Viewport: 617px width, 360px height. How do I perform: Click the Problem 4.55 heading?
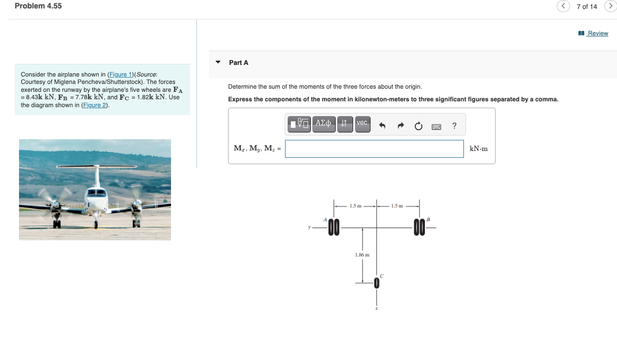(x=38, y=6)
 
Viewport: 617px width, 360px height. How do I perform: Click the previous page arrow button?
(x=564, y=6)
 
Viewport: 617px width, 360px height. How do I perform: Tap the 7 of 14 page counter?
(x=586, y=6)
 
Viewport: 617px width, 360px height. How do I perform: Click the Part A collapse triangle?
(x=218, y=62)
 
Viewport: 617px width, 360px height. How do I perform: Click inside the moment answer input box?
(x=374, y=149)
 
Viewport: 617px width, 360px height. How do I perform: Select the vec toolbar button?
(x=362, y=124)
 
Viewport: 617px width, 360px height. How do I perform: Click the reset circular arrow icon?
(x=419, y=126)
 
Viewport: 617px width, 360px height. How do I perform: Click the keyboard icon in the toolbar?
(x=436, y=126)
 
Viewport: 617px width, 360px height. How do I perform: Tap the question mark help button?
(x=454, y=126)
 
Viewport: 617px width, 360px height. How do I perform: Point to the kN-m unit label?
(x=478, y=149)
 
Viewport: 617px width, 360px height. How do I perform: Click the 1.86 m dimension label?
(x=362, y=254)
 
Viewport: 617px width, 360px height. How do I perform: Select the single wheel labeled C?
(x=377, y=283)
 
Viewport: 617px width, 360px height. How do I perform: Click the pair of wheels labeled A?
(x=334, y=228)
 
